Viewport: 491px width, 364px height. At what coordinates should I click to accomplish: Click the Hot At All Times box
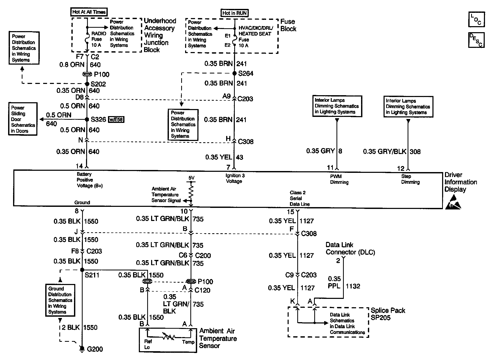click(x=89, y=12)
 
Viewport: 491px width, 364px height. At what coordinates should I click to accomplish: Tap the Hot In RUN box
click(x=234, y=13)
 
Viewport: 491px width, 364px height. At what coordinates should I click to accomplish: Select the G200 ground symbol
click(x=82, y=349)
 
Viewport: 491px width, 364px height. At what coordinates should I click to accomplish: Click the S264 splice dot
click(x=235, y=73)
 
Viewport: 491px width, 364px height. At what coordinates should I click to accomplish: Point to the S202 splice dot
click(x=87, y=84)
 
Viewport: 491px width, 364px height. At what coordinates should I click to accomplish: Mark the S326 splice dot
click(x=87, y=120)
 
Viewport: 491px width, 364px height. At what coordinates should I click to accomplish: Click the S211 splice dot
click(x=82, y=270)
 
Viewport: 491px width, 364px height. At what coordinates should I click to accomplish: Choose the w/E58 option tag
click(x=116, y=120)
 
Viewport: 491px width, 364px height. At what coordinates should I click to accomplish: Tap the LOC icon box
click(x=476, y=19)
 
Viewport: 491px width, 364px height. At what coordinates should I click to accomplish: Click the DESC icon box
click(x=476, y=40)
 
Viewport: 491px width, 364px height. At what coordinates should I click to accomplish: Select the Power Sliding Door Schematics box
click(x=23, y=119)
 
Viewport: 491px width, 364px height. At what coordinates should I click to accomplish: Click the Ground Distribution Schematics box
click(x=60, y=300)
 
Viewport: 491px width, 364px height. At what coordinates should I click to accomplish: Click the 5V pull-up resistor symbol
click(x=191, y=193)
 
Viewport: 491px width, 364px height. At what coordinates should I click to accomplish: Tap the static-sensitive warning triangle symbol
click(x=453, y=203)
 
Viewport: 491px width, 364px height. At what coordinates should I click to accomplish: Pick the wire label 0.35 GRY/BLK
click(x=385, y=151)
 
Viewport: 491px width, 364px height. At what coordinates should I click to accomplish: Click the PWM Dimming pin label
click(x=339, y=179)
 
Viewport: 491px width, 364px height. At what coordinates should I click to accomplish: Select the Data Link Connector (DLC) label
click(x=350, y=248)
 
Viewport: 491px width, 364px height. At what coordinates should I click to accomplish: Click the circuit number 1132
click(x=353, y=286)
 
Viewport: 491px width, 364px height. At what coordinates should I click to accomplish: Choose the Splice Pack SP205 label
click(x=388, y=314)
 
